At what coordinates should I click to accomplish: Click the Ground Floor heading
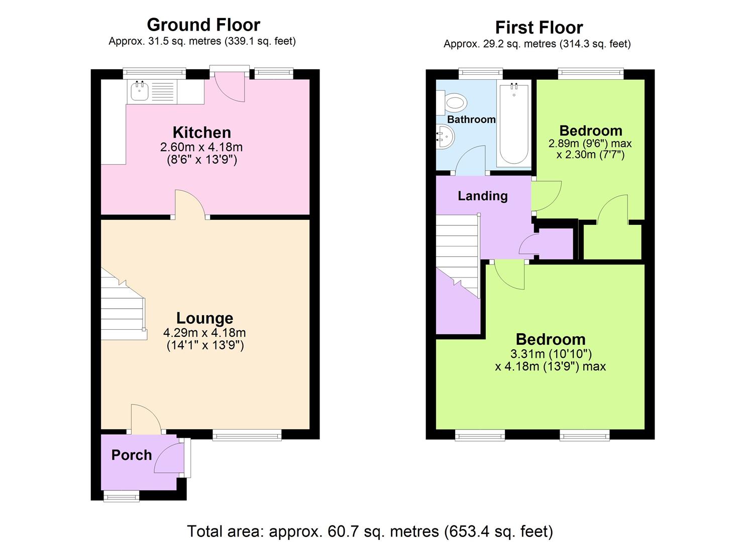click(x=203, y=25)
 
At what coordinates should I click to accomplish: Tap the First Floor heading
click(x=539, y=27)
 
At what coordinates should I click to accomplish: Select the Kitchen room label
click(x=202, y=132)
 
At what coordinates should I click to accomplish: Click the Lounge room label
click(x=204, y=318)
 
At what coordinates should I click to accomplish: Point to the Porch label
click(x=132, y=455)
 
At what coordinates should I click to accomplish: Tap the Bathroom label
click(x=471, y=119)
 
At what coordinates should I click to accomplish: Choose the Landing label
click(x=483, y=196)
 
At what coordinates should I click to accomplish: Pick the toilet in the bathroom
click(x=452, y=102)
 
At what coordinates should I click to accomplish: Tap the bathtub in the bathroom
click(x=513, y=124)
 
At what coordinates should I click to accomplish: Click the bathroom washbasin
click(x=445, y=136)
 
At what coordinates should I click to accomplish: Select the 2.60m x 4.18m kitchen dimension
click(x=201, y=147)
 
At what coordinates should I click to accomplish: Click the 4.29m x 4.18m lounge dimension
click(x=204, y=332)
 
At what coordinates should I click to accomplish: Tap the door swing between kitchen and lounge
click(x=190, y=204)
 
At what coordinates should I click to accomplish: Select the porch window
click(x=121, y=497)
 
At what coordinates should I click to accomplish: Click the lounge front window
click(x=247, y=435)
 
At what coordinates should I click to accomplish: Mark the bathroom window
click(x=481, y=74)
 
